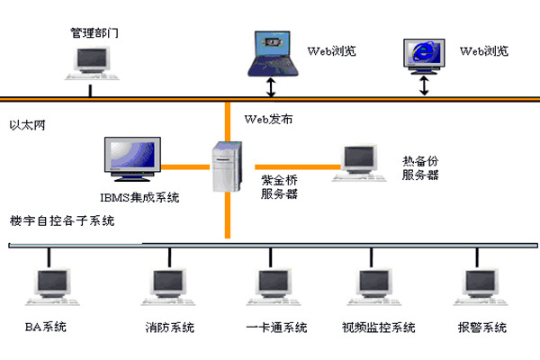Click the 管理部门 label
94,33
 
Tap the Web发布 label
267,119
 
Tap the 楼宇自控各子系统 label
62,221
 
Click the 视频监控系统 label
379,326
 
